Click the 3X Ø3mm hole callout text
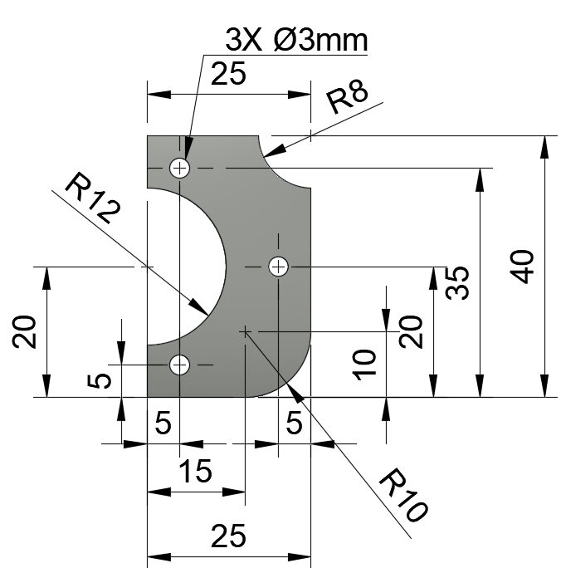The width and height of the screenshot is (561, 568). click(296, 39)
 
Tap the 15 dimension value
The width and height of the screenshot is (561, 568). click(195, 472)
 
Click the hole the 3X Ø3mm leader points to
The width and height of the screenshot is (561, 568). click(179, 169)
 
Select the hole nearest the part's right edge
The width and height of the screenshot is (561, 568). click(278, 267)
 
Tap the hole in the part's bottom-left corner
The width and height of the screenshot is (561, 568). click(179, 365)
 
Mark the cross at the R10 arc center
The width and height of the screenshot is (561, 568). click(245, 331)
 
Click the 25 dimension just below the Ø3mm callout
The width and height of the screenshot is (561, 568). click(228, 74)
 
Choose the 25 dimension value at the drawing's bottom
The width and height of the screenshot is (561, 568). click(228, 537)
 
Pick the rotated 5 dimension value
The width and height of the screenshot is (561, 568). click(100, 380)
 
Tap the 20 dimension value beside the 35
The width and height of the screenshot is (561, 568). click(412, 331)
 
